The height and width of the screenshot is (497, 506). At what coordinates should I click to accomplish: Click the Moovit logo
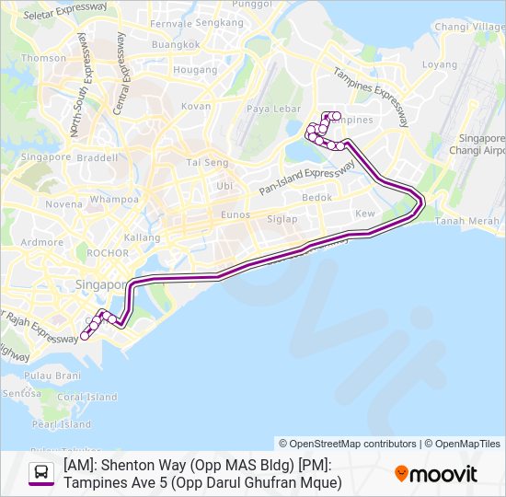436,474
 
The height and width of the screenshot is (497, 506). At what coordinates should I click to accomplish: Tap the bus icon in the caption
41,474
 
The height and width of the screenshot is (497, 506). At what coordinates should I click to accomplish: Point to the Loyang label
439,64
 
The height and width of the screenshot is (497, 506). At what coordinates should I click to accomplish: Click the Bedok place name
317,197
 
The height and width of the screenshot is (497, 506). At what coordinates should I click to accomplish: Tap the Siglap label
282,219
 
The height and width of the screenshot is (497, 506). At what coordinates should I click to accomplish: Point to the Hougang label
195,69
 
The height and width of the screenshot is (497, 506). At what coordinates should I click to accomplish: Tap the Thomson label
44,57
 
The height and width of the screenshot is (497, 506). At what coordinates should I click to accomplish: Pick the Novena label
63,204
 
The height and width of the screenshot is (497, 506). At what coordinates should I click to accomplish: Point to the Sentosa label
20,393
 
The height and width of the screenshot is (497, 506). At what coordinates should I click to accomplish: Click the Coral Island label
87,397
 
